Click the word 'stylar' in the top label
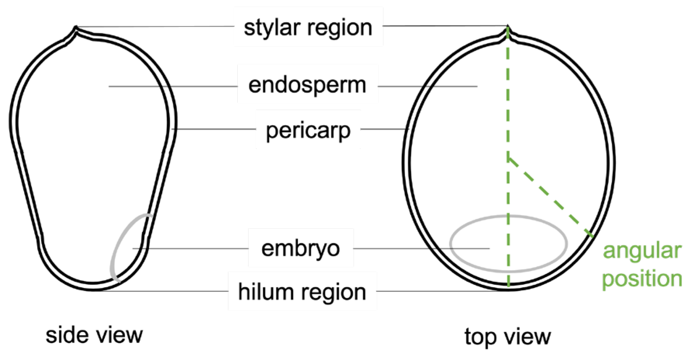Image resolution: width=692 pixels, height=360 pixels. (271, 28)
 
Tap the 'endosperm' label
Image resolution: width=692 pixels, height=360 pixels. (307, 85)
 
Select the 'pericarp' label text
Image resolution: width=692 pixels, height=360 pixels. (308, 131)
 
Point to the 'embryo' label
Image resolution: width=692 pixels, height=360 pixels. (300, 248)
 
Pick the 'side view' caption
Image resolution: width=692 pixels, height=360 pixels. (94, 335)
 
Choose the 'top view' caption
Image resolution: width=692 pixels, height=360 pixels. (507, 336)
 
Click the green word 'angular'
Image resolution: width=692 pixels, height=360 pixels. (642, 251)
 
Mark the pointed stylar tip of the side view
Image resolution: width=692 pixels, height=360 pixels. (76, 27)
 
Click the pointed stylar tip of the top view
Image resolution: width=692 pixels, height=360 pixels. (508, 26)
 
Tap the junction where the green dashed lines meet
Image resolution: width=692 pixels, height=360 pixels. (508, 157)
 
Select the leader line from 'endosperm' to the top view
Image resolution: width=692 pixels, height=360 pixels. (426, 86)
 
